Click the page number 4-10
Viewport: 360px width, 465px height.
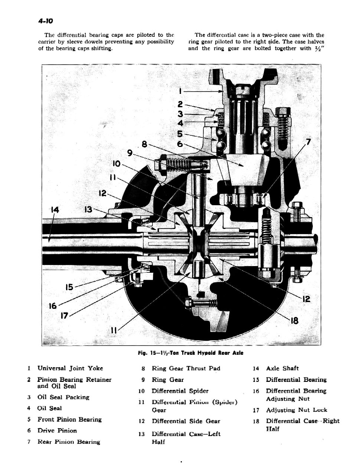click(x=46, y=21)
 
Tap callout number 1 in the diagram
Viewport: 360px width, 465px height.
click(x=180, y=90)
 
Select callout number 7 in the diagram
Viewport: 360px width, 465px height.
click(x=308, y=141)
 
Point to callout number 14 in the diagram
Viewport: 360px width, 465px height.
click(x=55, y=210)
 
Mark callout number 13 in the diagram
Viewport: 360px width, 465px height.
click(x=88, y=210)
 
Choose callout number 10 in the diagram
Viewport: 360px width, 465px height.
click(x=116, y=163)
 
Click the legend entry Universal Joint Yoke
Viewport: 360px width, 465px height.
click(x=70, y=369)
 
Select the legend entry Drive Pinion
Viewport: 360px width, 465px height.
click(x=57, y=431)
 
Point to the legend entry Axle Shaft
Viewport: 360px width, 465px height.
click(x=282, y=369)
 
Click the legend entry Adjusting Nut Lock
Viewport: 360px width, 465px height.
click(x=296, y=410)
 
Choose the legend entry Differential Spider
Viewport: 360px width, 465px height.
click(x=180, y=391)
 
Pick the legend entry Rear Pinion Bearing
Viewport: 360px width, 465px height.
click(x=69, y=442)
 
